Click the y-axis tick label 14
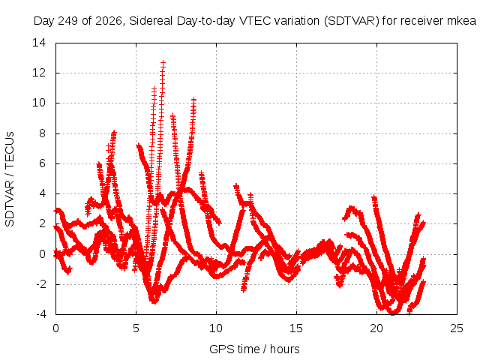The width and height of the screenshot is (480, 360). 39,43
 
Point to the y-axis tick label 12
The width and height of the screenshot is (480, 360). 39,73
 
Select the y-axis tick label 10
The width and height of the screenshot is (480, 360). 39,103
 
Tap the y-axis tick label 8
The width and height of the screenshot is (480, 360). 42,133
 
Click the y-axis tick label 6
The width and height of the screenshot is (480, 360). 42,163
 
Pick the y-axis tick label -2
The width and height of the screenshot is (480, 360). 40,284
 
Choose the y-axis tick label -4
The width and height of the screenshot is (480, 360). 40,314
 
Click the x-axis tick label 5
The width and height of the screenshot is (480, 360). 136,328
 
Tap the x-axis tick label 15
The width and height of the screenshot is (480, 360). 296,328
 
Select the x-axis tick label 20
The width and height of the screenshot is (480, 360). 376,328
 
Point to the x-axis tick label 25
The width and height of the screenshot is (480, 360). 457,328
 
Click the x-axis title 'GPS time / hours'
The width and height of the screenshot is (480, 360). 254,349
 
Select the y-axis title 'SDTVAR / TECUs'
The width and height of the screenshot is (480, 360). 10,179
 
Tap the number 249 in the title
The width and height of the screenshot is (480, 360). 68,21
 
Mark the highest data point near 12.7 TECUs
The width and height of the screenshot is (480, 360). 163,62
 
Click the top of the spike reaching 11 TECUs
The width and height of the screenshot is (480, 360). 154,88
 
